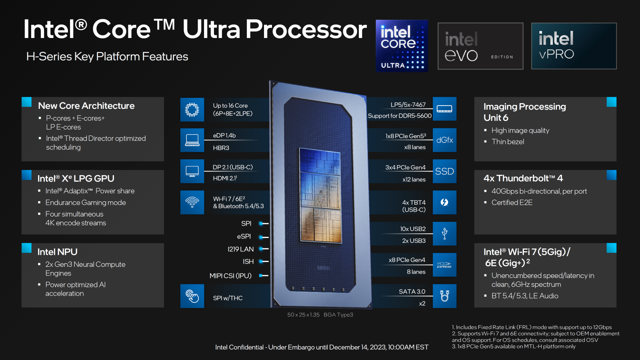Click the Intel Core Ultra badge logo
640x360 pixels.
[402, 46]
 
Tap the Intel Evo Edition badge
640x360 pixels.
[480, 46]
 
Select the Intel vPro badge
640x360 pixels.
[574, 46]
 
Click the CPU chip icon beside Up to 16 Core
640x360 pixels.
[192, 110]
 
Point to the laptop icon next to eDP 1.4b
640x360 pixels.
[192, 140]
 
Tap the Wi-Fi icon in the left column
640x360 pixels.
[192, 202]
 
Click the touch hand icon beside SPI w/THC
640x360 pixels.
[192, 296]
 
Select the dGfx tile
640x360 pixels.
[444, 140]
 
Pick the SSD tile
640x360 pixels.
[444, 171]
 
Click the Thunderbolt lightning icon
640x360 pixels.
[444, 202]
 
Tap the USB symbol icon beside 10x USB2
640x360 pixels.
[444, 234]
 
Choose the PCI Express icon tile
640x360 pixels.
[444, 265]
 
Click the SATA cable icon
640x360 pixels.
[444, 296]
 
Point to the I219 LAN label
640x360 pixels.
[240, 249]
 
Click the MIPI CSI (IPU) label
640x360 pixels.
[230, 276]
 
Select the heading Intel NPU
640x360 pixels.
[58, 252]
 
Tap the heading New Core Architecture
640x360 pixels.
[86, 106]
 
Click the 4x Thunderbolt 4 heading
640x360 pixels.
[523, 178]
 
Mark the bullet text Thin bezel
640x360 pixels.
[508, 142]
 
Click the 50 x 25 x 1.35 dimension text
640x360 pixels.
[304, 314]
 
